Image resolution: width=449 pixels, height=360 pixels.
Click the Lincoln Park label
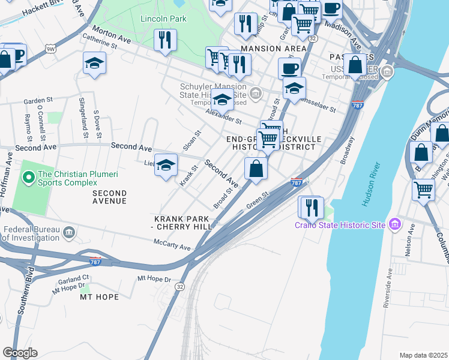coord(163,19)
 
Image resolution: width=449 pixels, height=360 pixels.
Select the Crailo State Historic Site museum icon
coord(394,225)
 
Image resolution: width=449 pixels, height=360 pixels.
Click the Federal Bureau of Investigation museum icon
coord(68,232)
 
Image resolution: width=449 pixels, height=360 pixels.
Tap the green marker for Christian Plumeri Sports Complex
coord(28,178)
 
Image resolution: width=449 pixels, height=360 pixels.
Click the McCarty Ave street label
coord(171,247)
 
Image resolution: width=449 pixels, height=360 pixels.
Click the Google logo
coord(20,353)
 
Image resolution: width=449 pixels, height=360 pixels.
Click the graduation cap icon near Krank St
coord(166,164)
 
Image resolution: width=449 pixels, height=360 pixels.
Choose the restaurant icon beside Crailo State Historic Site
coord(311,207)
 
